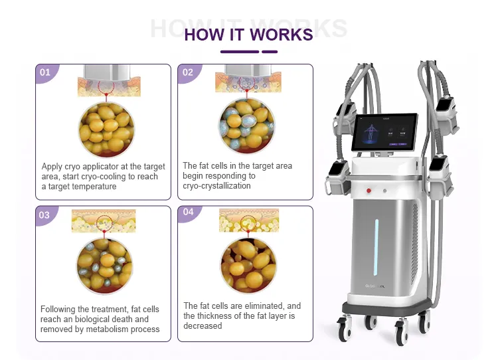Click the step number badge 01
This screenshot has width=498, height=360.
45,72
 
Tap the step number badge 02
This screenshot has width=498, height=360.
188,72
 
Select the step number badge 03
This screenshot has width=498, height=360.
44,215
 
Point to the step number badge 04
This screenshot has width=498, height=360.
188,213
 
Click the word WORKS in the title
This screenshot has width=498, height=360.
280,35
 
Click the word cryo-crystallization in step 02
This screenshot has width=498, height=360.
216,186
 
